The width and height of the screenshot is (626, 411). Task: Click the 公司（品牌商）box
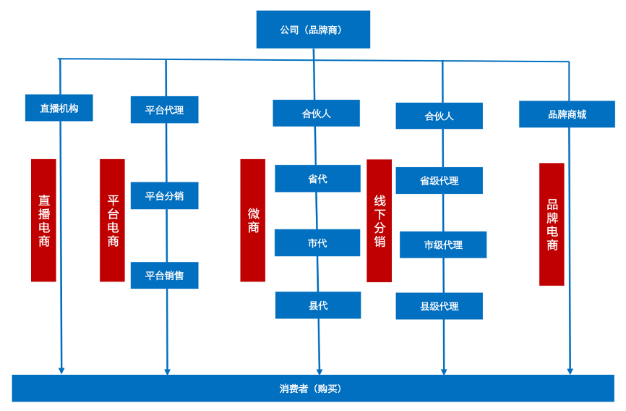[x=313, y=30]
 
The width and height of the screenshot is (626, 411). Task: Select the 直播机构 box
[x=59, y=108]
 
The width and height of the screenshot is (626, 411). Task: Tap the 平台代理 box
[x=164, y=110]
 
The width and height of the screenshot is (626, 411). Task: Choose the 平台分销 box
[x=164, y=196]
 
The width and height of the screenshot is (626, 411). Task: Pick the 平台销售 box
[x=164, y=276]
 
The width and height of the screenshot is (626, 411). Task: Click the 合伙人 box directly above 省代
[x=316, y=114]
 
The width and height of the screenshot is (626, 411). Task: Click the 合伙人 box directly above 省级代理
[x=439, y=116]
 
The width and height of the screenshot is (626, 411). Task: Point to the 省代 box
[x=317, y=179]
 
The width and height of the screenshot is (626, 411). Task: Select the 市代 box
[x=317, y=243]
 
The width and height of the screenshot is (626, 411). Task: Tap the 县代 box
[x=318, y=305]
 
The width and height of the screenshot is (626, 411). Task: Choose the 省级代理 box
[x=439, y=181]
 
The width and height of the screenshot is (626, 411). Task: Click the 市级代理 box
[x=443, y=245]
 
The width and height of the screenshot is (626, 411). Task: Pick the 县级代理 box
[x=439, y=306]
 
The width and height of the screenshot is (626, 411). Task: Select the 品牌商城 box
[x=567, y=114]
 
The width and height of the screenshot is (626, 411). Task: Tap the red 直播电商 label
[x=43, y=220]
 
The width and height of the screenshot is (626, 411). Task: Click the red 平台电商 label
[x=112, y=220]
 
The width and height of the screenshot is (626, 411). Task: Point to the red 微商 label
[x=253, y=220]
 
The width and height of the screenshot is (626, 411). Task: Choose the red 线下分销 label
[x=380, y=221]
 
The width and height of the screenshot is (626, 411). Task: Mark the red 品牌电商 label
[x=552, y=224]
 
